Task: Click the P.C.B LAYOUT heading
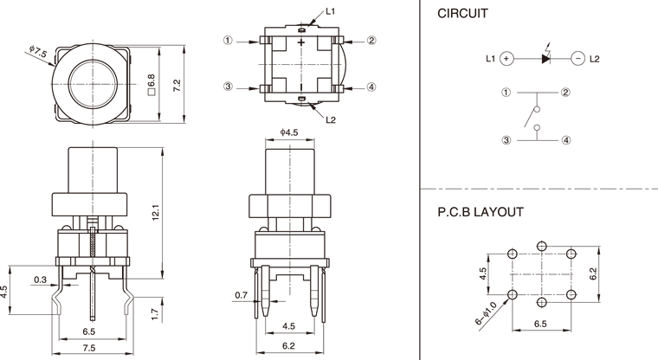[x=480, y=210]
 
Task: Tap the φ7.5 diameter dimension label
[x=37, y=53]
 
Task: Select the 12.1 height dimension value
[x=155, y=211]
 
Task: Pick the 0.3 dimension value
[x=41, y=279]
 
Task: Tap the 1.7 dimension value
[x=154, y=314]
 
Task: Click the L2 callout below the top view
[x=331, y=119]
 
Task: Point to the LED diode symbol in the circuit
[x=545, y=59]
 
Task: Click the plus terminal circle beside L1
[x=507, y=59]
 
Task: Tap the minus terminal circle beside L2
[x=577, y=59]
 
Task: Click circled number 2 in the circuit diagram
[x=564, y=92]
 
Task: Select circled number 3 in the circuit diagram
[x=506, y=139]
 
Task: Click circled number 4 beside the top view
[x=371, y=87]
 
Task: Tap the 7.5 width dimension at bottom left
[x=89, y=349]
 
